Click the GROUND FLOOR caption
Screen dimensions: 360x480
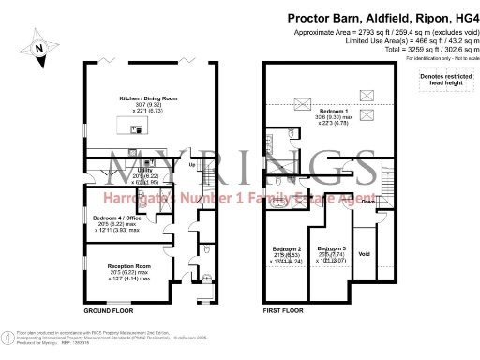pyautogui.click(x=106, y=309)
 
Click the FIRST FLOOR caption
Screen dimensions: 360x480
pyautogui.click(x=288, y=309)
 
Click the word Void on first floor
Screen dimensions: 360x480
pyautogui.click(x=365, y=253)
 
